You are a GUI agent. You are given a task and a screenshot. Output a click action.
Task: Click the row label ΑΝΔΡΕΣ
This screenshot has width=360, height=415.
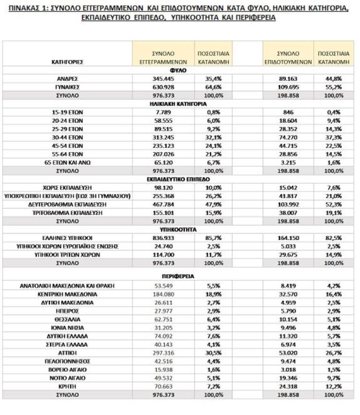(68, 79)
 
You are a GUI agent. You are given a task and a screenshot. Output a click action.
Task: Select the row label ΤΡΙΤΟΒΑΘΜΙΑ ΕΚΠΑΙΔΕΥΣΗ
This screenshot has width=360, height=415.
(68, 213)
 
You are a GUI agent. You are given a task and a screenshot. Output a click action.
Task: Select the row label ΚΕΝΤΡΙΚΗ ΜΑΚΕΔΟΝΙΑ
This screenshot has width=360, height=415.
(68, 294)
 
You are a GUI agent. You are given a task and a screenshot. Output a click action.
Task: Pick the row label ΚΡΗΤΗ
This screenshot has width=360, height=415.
(68, 386)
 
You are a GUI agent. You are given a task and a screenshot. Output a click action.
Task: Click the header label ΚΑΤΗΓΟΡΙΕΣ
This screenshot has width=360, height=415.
(68, 61)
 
